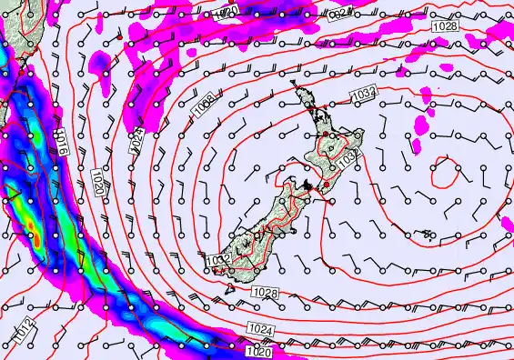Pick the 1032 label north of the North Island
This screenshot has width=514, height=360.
364,93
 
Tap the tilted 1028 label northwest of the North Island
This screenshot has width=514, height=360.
205,109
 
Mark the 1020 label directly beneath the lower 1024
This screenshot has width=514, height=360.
258,351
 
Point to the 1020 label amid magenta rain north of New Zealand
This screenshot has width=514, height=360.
227,10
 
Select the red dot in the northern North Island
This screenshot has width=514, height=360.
323,135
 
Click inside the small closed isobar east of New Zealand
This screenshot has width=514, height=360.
445,172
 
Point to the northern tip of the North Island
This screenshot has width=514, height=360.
295,88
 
